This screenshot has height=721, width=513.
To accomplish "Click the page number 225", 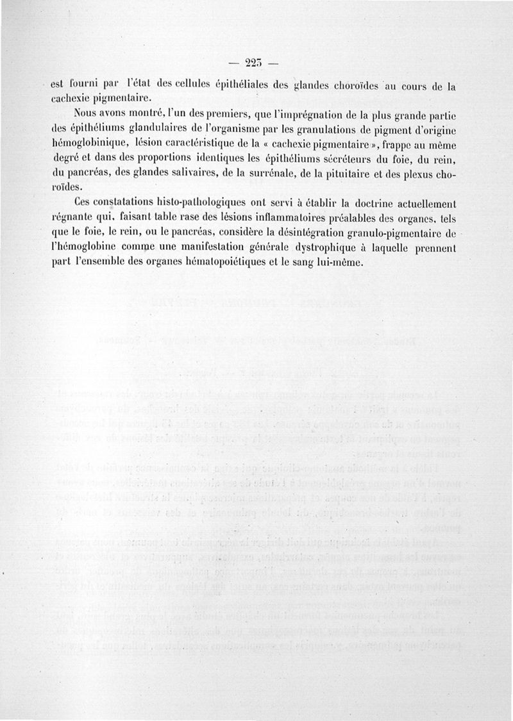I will [255, 62].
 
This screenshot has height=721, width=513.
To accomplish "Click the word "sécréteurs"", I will [346, 159].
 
